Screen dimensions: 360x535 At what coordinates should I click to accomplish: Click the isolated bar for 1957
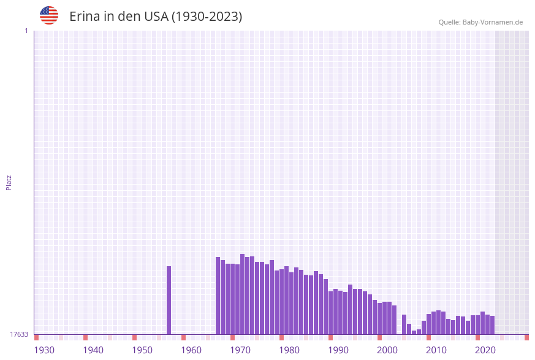point(169,300)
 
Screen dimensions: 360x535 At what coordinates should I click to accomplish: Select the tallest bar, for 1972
point(243,294)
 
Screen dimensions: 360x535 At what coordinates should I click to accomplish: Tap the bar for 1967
point(218,296)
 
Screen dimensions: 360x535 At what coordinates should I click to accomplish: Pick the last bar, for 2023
point(492,325)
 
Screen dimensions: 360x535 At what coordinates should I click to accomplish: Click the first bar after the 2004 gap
point(404,324)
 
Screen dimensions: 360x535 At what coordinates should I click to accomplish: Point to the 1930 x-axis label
point(44,350)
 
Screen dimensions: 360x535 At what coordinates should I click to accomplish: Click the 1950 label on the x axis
point(142,350)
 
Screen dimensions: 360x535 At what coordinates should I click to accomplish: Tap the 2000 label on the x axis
point(387,350)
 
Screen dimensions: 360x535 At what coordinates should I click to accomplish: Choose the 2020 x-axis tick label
point(485,350)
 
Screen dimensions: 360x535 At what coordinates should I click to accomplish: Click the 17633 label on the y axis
point(19,334)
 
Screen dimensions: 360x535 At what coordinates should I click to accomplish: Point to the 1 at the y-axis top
point(26,31)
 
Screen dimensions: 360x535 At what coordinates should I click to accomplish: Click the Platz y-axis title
point(9,183)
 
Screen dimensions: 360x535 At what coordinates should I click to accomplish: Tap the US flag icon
point(49,16)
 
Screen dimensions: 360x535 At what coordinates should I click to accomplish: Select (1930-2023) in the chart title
point(207,17)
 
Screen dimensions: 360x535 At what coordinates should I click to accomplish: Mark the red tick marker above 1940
point(86,337)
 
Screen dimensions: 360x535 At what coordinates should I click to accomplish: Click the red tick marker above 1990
point(331,337)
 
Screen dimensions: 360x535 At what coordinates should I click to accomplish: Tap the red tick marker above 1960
point(184,337)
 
